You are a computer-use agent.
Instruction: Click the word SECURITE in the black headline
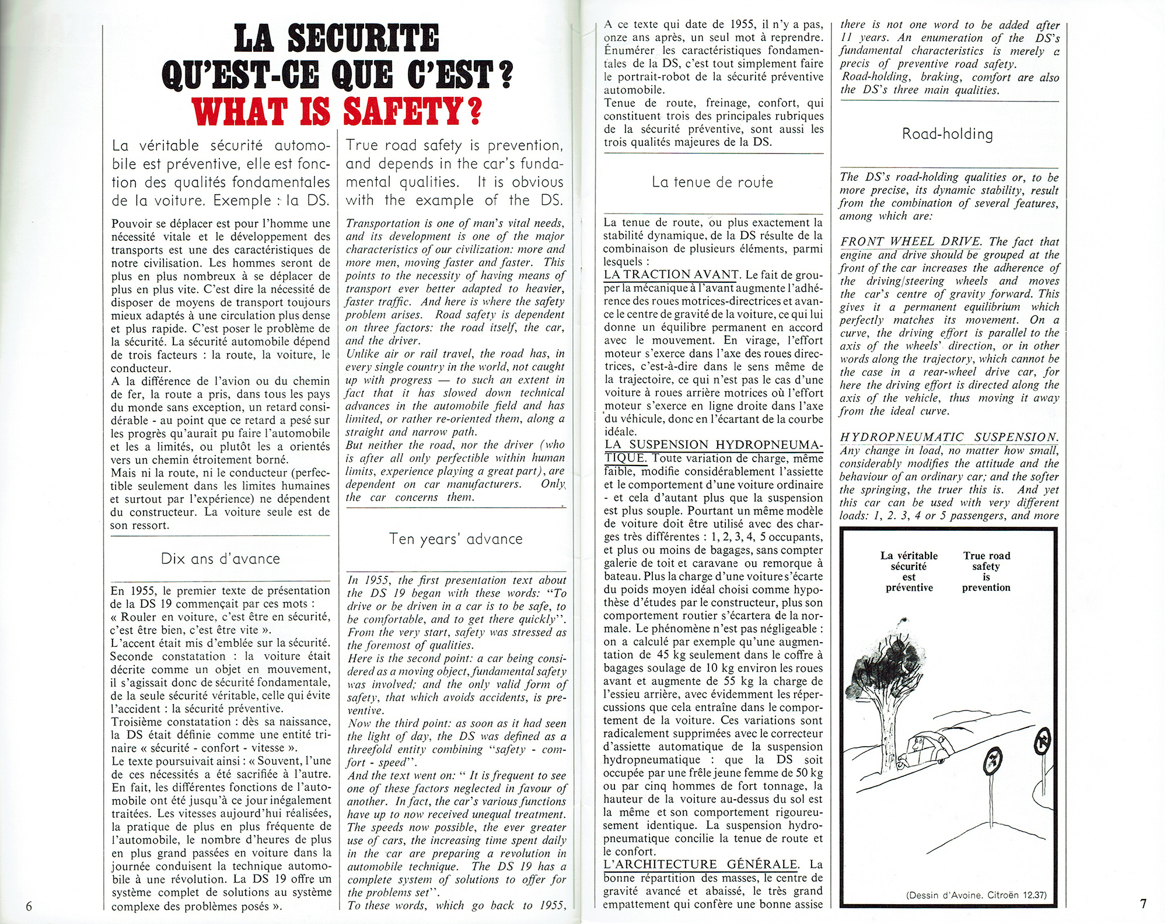click(x=336, y=38)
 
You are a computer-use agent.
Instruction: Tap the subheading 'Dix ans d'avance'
click(x=221, y=559)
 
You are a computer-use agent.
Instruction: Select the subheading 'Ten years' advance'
click(x=456, y=539)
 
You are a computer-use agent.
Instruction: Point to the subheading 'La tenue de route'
click(x=712, y=182)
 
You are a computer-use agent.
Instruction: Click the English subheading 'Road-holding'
click(x=947, y=134)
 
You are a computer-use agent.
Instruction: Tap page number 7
click(x=1142, y=903)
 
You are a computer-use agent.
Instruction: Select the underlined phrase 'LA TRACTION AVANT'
click(x=672, y=274)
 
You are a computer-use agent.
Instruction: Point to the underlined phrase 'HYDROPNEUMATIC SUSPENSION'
click(x=949, y=437)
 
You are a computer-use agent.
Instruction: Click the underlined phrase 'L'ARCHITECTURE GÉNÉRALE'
click(x=700, y=864)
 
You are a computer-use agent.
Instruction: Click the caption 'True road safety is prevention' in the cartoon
click(x=986, y=571)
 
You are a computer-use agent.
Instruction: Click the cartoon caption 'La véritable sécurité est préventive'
click(x=909, y=571)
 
